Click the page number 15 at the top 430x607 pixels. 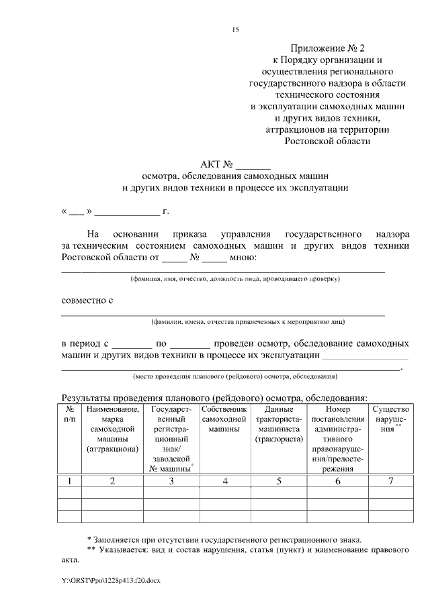[x=235, y=30]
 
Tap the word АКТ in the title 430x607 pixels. [x=210, y=164]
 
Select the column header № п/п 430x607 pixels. [x=70, y=413]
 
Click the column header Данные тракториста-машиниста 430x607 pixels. [x=277, y=424]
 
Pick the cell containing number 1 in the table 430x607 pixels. [x=70, y=480]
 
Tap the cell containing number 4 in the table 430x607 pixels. [x=224, y=480]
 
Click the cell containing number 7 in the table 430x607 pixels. [x=390, y=480]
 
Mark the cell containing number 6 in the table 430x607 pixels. [x=337, y=480]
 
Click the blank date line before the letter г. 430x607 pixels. [x=126, y=213]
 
